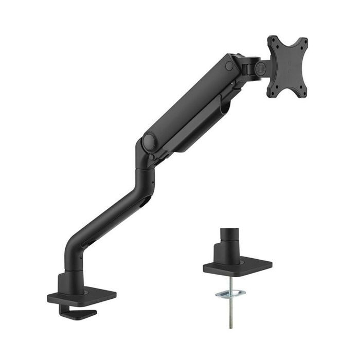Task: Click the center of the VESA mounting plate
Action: [287, 66]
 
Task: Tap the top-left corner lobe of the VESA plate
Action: [273, 40]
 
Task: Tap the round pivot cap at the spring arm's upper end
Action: [229, 66]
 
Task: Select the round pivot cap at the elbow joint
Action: [150, 142]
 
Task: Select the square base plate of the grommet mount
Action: [238, 267]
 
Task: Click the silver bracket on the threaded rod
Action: [230, 294]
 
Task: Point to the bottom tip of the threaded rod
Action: [231, 326]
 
